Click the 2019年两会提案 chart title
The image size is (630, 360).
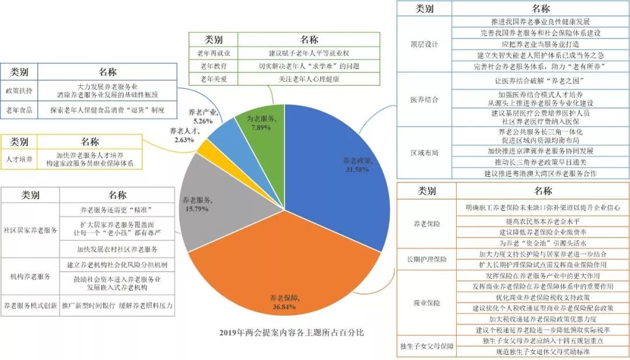[x=292, y=333]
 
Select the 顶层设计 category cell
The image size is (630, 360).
[x=424, y=44]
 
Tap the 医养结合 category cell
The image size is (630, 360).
[x=424, y=99]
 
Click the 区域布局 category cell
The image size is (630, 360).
[x=424, y=152]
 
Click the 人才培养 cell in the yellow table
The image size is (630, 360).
[x=19, y=158]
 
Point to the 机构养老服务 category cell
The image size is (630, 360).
[x=31, y=275]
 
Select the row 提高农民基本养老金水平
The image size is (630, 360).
[x=542, y=222]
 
